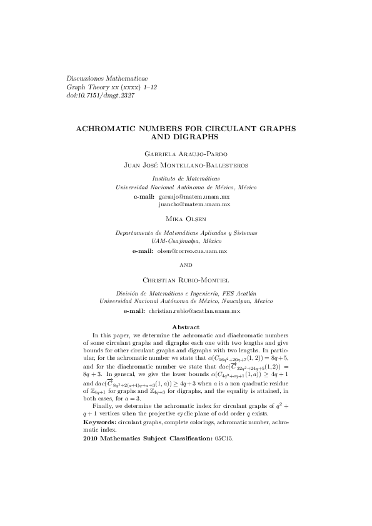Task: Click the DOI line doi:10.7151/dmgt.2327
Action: pyautogui.click(x=100, y=96)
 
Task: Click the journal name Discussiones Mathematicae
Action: pyautogui.click(x=106, y=78)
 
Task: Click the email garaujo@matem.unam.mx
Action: pyautogui.click(x=194, y=196)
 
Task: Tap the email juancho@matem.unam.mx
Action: pyautogui.click(x=194, y=204)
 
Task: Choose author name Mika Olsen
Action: pyautogui.click(x=186, y=221)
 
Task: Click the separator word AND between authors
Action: pyautogui.click(x=186, y=265)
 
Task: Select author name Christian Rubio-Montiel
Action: pyautogui.click(x=186, y=279)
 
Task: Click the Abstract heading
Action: pyautogui.click(x=186, y=327)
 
